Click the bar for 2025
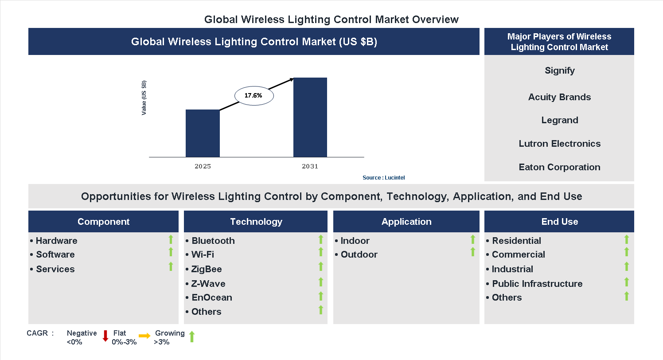pyautogui.click(x=203, y=133)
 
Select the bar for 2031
pyautogui.click(x=310, y=117)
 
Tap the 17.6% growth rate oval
pyautogui.click(x=253, y=95)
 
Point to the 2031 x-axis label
pyautogui.click(x=310, y=167)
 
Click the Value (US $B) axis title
pyautogui.click(x=144, y=98)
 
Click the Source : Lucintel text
pyautogui.click(x=383, y=178)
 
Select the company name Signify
pyautogui.click(x=559, y=70)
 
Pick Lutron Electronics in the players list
pyautogui.click(x=559, y=144)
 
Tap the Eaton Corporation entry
pyautogui.click(x=559, y=167)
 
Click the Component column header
pyautogui.click(x=103, y=222)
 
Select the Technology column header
pyautogui.click(x=256, y=222)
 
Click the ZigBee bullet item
pyautogui.click(x=206, y=269)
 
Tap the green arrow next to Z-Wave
pyautogui.click(x=321, y=282)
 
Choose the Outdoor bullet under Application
pyautogui.click(x=359, y=254)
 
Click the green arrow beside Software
pyautogui.click(x=171, y=252)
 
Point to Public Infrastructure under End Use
pyautogui.click(x=537, y=284)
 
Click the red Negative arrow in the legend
pyautogui.click(x=105, y=336)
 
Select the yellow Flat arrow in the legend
pyautogui.click(x=144, y=336)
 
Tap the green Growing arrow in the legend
pyautogui.click(x=192, y=337)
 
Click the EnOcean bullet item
pyautogui.click(x=211, y=297)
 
